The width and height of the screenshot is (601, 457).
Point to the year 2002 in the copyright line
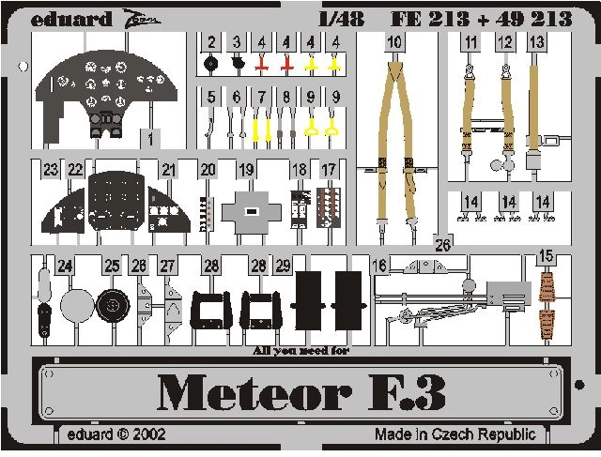[150, 434]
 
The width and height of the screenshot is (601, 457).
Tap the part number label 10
[394, 42]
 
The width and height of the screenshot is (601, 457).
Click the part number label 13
[536, 42]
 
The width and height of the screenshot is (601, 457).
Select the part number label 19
[246, 169]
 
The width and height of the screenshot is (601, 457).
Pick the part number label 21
[168, 169]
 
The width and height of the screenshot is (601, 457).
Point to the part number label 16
[379, 266]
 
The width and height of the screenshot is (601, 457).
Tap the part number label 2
[212, 42]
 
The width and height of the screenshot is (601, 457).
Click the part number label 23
[51, 169]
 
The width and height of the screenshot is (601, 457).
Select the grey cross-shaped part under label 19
[253, 212]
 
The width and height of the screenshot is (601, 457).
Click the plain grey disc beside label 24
[76, 305]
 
